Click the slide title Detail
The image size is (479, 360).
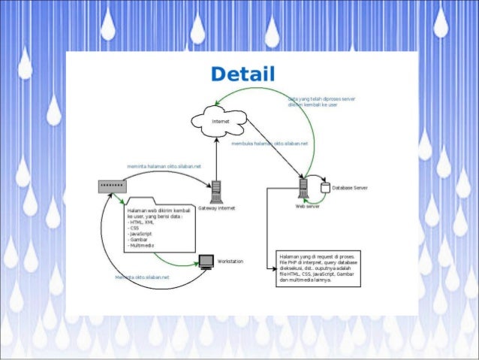(x=243, y=74)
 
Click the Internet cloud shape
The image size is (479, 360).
(x=217, y=119)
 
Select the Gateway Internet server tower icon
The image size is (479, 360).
(x=216, y=192)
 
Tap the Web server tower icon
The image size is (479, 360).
(x=304, y=187)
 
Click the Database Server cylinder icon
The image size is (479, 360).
(x=324, y=186)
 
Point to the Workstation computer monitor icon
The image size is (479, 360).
(x=206, y=262)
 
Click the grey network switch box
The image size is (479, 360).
(x=110, y=185)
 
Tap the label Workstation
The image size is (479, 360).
(x=230, y=260)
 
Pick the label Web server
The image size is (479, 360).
(x=308, y=205)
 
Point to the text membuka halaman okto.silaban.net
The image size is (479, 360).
(x=270, y=142)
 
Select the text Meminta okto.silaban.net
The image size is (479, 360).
(x=142, y=277)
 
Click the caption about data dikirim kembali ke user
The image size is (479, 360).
(x=312, y=103)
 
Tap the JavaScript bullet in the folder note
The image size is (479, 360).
(x=143, y=234)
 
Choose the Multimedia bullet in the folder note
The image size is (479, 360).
(x=143, y=246)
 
